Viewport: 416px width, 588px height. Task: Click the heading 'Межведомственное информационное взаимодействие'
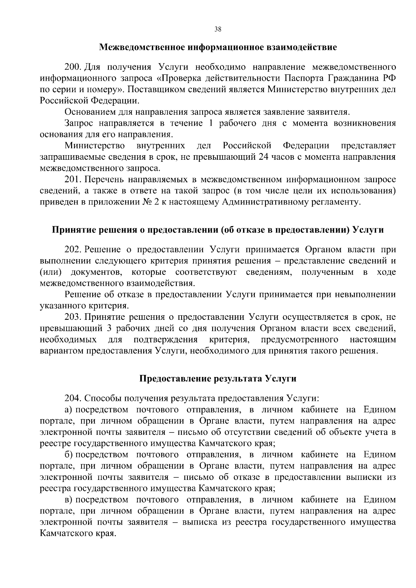click(x=218, y=47)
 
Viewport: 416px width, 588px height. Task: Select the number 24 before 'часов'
click(x=264, y=157)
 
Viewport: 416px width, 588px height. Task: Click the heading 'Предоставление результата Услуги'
click(x=218, y=378)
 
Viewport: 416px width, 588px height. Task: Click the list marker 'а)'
click(x=68, y=410)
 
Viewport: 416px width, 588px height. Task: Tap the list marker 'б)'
click(x=68, y=455)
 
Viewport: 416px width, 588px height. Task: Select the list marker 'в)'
click(x=68, y=500)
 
